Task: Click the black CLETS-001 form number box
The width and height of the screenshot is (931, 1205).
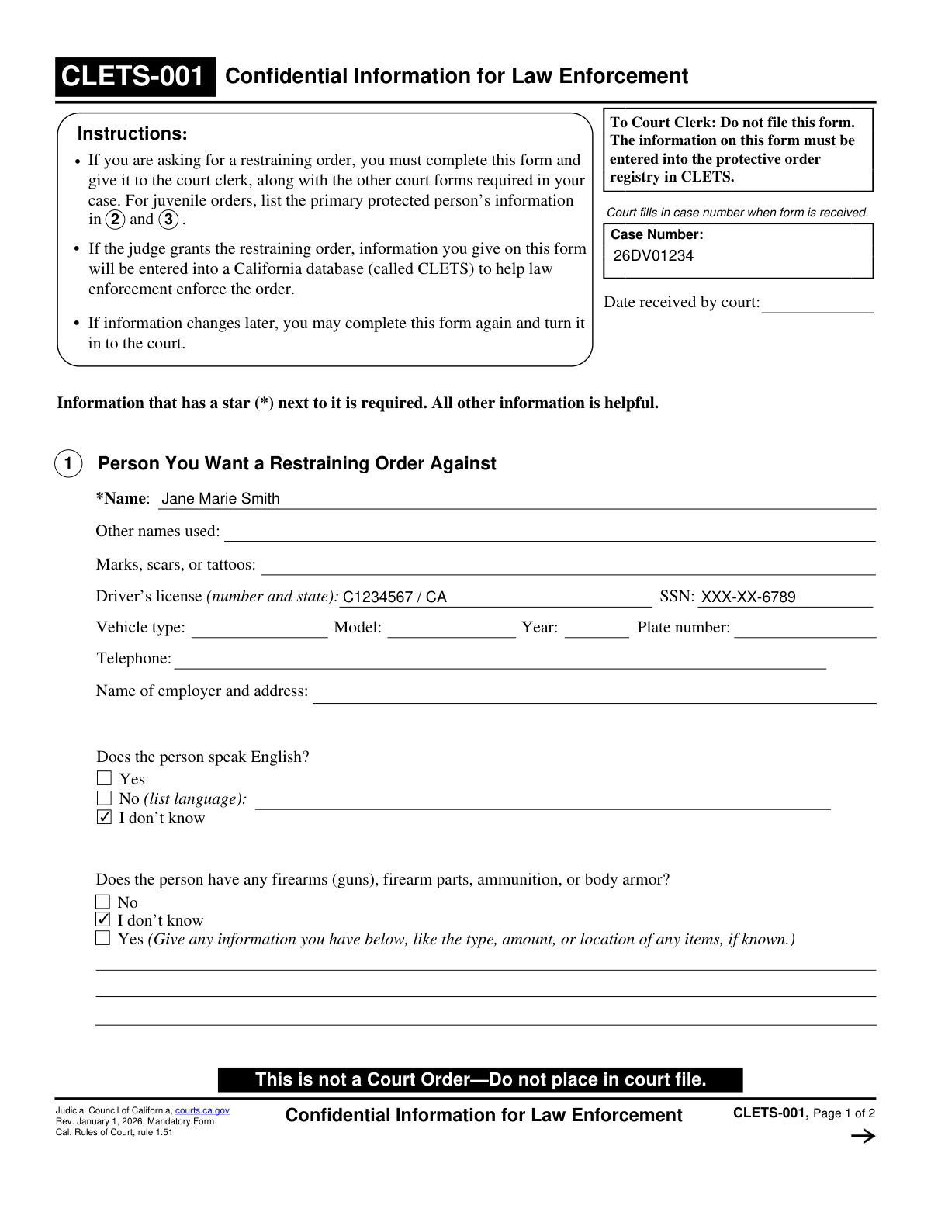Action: coord(135,77)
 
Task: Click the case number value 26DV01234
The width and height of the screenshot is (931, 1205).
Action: coord(653,256)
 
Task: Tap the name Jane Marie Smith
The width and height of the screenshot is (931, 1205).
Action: coord(220,499)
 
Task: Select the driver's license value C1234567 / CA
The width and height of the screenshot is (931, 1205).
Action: coord(395,597)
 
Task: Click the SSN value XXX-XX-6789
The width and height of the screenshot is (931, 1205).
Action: coord(749,597)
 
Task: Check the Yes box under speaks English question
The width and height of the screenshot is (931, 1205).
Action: coord(105,778)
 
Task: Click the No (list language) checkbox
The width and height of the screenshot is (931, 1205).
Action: coord(105,798)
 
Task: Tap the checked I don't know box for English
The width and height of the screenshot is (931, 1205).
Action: coord(105,817)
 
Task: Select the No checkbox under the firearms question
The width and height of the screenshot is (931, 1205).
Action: coord(103,902)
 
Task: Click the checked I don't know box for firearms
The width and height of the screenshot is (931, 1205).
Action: coord(103,919)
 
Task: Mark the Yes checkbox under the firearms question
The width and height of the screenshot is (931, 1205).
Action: coord(103,938)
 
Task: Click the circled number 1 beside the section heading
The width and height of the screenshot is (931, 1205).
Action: coord(68,463)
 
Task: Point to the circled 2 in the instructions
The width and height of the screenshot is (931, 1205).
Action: coord(115,220)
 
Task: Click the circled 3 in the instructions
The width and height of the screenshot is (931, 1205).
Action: coord(168,220)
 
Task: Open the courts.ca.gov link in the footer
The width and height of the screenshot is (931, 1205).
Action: coord(202,1110)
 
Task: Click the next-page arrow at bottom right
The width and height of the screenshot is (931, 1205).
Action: coord(863,1136)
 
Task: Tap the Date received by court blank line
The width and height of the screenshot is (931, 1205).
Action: coord(818,304)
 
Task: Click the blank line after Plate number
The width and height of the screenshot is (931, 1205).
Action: coord(805,629)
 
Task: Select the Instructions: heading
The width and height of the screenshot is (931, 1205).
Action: coord(132,134)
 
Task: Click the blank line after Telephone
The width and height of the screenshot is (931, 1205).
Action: coord(500,660)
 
